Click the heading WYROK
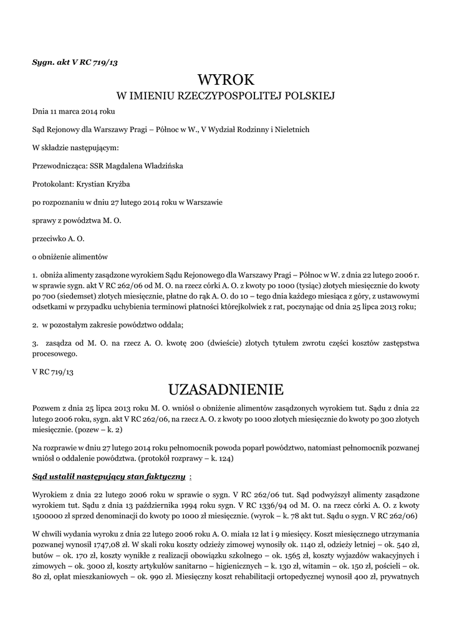pyautogui.click(x=226, y=80)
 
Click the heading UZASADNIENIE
pyautogui.click(x=226, y=390)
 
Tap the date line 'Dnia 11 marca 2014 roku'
pyautogui.click(x=74, y=112)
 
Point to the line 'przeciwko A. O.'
pyautogui.click(x=58, y=238)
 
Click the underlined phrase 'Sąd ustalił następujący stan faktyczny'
pyautogui.click(x=108, y=477)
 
